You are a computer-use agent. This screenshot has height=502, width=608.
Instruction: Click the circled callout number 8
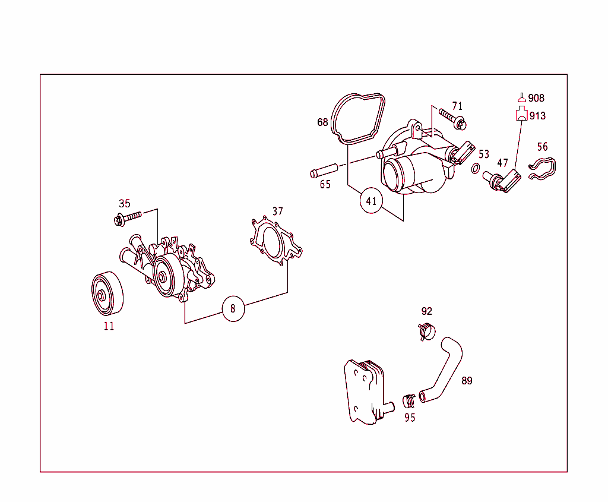coord(233,308)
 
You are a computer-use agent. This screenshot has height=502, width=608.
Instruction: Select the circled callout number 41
coord(371,201)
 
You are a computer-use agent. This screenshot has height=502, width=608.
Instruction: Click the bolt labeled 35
coord(128,217)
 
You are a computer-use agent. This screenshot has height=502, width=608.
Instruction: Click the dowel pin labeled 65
coord(324,171)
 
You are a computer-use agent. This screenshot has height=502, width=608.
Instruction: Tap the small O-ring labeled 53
coord(476,169)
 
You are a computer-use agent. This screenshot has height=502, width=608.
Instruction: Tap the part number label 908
coord(536,98)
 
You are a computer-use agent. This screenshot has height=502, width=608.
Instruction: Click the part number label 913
coord(537,116)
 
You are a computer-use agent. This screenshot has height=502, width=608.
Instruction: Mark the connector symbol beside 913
coord(521,114)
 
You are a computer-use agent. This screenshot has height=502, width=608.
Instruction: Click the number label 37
coord(278,211)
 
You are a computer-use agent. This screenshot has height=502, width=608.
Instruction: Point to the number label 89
coord(467,381)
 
